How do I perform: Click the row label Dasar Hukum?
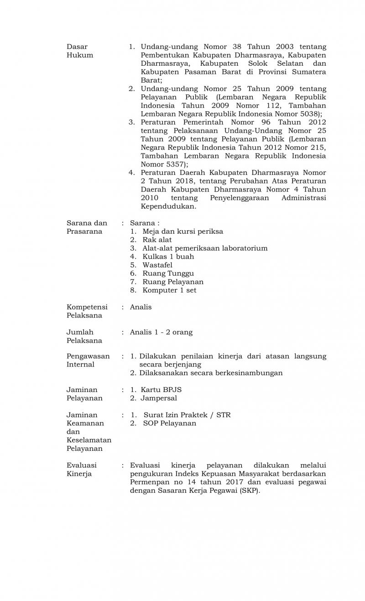click(x=80, y=51)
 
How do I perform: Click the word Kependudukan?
click(x=168, y=206)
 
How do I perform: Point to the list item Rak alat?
click(x=157, y=240)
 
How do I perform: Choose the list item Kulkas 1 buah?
click(x=168, y=256)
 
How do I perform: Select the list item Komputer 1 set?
click(x=169, y=290)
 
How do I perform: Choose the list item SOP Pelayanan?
click(x=170, y=423)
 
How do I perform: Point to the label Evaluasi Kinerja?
click(x=82, y=469)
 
